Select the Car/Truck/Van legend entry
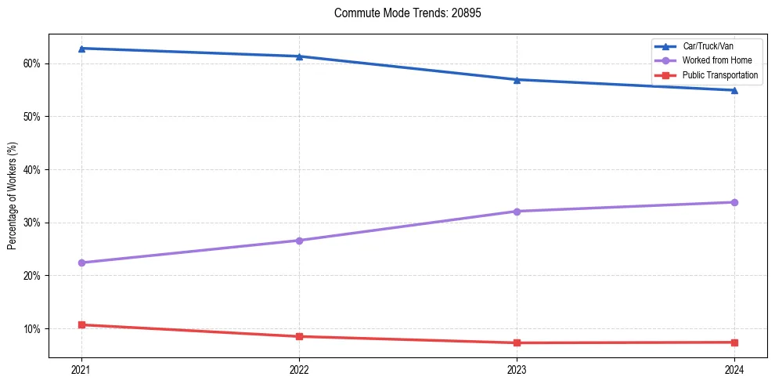708,46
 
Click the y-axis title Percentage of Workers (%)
13,196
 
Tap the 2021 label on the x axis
81,368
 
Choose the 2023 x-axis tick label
517,368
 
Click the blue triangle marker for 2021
81,49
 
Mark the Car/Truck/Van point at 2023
517,79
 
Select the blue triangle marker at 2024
734,90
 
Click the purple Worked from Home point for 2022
299,241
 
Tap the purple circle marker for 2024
734,202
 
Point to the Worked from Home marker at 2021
81,263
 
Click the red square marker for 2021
81,324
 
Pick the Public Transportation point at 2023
517,342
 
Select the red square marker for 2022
299,336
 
